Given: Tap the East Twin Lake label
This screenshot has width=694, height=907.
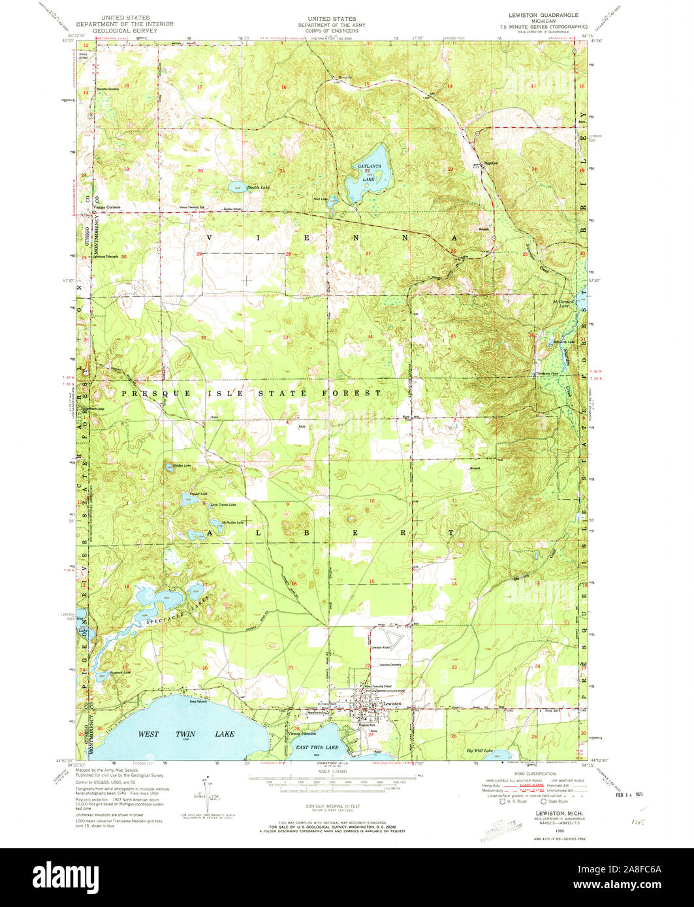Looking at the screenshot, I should [317, 746].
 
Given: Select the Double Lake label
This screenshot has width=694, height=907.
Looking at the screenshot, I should [258, 187].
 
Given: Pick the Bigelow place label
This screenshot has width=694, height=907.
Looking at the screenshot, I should [490, 162].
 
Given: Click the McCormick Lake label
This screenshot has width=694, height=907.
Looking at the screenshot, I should [563, 303].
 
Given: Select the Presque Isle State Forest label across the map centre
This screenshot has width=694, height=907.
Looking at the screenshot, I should [251, 393].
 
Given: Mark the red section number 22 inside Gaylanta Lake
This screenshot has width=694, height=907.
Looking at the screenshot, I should [368, 171].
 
